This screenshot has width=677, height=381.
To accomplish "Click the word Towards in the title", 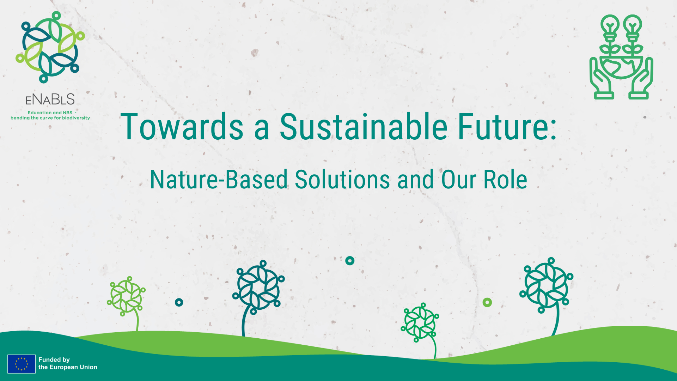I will [x=182, y=127].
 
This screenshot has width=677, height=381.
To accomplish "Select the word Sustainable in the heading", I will [x=363, y=127].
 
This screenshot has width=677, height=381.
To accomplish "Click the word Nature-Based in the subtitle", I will [x=219, y=180].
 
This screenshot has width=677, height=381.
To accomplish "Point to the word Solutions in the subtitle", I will [x=342, y=180].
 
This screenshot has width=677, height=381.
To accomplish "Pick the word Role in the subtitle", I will [x=505, y=180].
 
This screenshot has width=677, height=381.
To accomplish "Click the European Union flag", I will [x=22, y=364].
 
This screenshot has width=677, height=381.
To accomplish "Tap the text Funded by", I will [x=54, y=359].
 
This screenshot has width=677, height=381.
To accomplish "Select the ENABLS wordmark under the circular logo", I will [x=50, y=99].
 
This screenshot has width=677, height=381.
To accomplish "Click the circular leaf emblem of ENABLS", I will [x=50, y=47].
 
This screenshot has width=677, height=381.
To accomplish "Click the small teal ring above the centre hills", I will [x=350, y=261].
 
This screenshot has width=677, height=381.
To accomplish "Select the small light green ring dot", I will [x=487, y=302].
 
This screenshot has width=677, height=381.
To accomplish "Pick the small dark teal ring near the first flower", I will [x=179, y=302].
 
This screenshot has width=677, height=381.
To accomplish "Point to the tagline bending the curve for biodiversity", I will [x=50, y=118].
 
